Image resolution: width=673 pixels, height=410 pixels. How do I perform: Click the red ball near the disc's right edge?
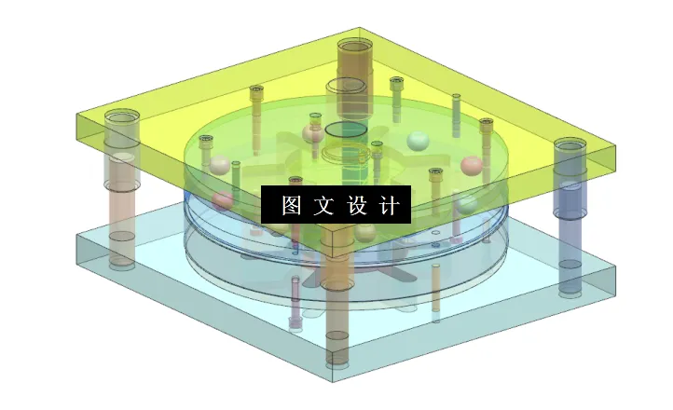473,166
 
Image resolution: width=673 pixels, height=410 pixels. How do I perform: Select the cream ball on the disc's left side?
219,166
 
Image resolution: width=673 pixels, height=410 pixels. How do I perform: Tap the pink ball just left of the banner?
222,200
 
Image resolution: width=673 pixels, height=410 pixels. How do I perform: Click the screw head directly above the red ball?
486,123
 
